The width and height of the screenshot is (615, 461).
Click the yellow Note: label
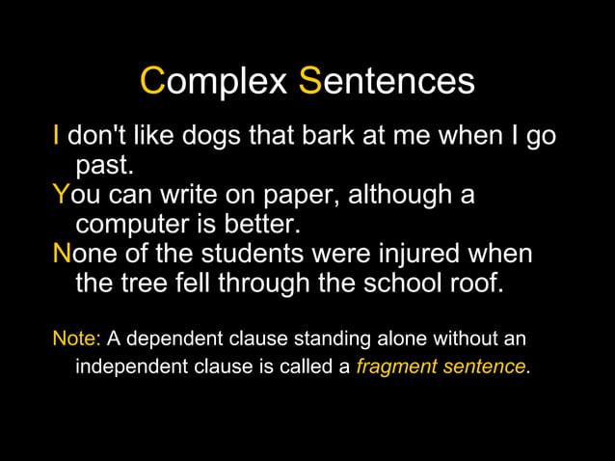point(76,339)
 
